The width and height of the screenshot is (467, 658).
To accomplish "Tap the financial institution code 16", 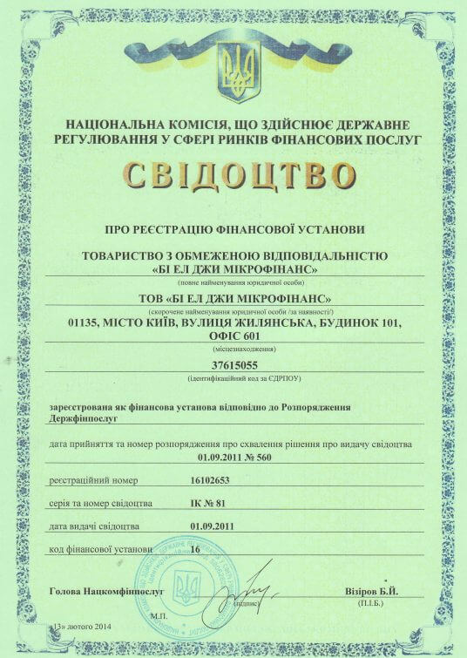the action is click(x=194, y=550).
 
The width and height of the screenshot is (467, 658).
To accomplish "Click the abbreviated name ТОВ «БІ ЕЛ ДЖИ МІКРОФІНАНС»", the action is click(x=234, y=300).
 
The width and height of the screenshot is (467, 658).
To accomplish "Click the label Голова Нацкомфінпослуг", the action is click(x=98, y=593).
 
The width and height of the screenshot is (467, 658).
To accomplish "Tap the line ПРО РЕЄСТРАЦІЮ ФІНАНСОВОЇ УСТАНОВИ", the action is click(x=233, y=230).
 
